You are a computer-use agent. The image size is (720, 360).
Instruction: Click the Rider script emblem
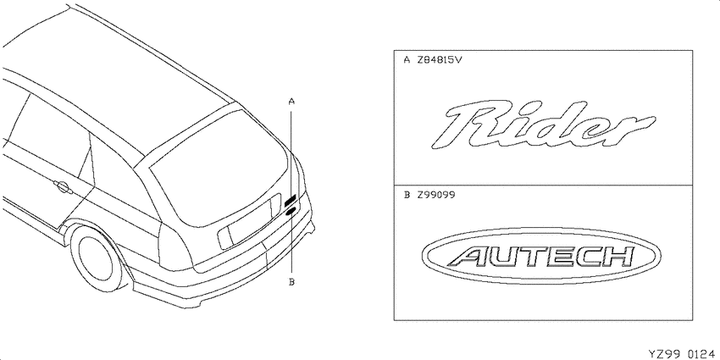[x=542, y=124]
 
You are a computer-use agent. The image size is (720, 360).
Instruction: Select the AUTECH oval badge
[x=541, y=256]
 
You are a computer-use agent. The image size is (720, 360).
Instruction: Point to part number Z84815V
[x=440, y=60]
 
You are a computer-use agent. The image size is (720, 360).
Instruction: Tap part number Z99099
[x=435, y=195]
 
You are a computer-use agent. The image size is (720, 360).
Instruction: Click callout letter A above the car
[x=291, y=101]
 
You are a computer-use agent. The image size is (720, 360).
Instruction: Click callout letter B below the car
[x=291, y=282]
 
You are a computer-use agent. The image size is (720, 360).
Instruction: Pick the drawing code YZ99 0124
[x=681, y=354]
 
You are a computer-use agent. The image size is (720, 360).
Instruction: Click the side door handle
[x=61, y=186]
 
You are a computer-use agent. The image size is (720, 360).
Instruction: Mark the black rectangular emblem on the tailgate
[x=291, y=201]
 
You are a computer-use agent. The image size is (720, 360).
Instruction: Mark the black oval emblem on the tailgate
[x=291, y=211]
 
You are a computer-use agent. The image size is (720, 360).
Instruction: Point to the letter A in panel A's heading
[x=407, y=60]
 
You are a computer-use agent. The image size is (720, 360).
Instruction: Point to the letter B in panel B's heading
[x=407, y=195]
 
